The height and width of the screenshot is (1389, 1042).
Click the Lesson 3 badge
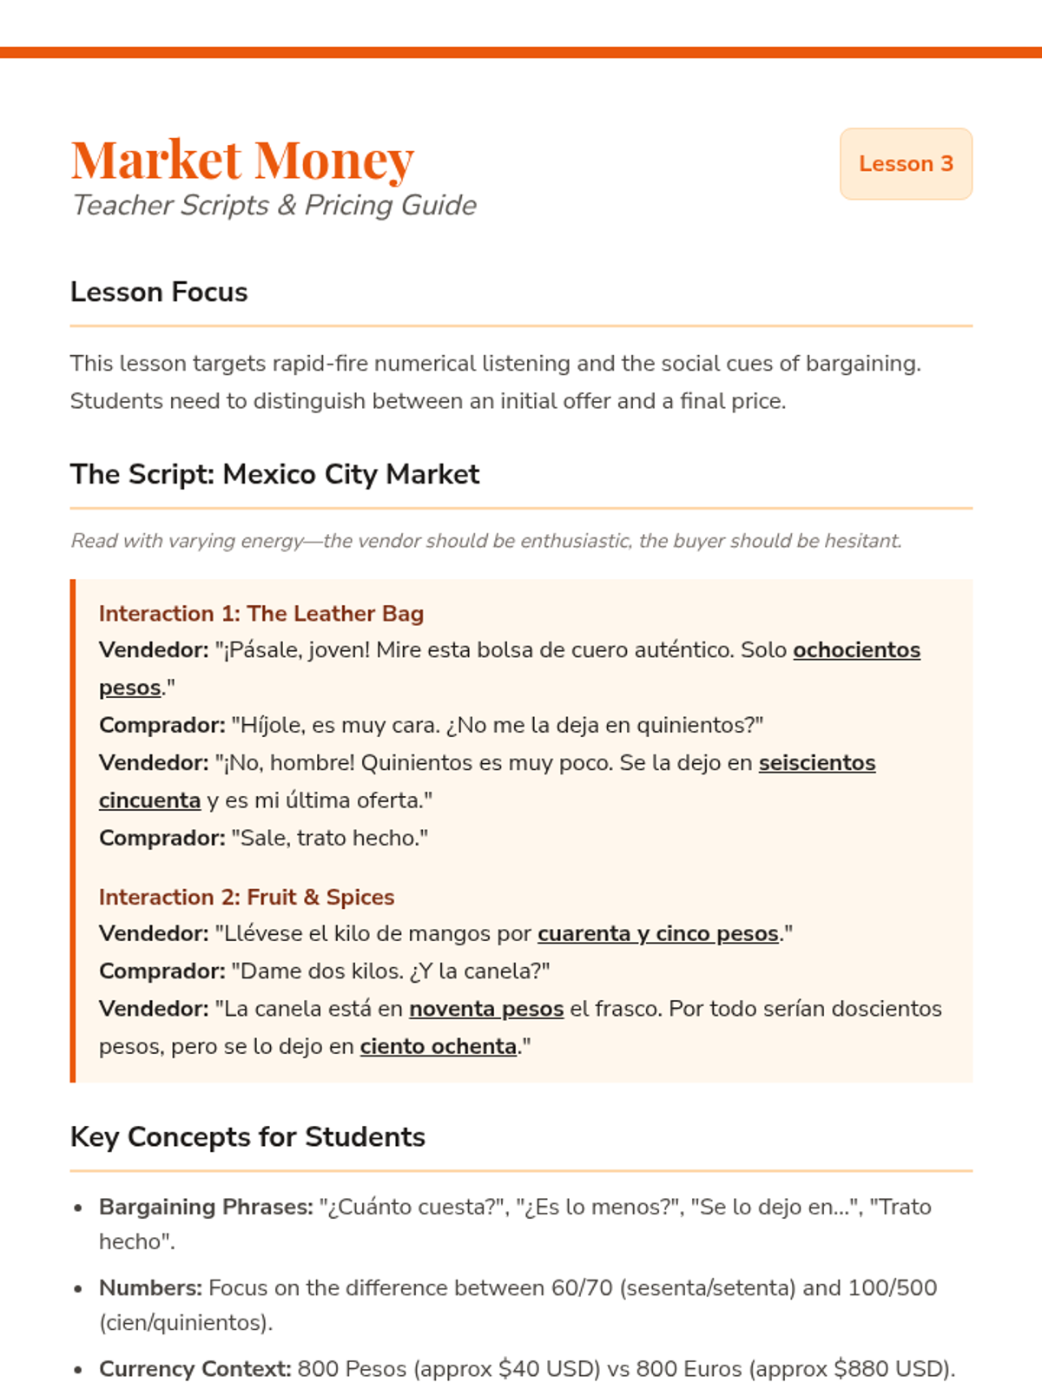point(906,164)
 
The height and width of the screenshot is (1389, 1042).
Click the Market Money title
point(242,160)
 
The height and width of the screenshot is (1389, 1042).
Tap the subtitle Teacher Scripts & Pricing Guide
point(274,206)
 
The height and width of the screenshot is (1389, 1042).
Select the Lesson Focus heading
point(159,293)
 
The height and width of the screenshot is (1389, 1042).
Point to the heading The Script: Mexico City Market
point(274,475)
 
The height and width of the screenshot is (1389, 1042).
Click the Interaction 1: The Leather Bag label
point(260,614)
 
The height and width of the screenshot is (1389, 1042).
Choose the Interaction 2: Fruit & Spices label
point(246,897)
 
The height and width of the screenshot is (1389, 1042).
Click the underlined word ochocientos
point(856,650)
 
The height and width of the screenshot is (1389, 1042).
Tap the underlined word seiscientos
point(816,763)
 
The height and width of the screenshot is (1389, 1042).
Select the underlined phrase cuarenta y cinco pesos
point(657,934)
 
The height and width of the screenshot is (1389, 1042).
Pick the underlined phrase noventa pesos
point(486,1009)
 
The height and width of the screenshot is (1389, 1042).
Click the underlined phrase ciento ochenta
point(438,1047)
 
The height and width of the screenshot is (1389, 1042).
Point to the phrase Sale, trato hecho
point(329,839)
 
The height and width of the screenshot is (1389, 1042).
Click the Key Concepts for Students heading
point(247,1137)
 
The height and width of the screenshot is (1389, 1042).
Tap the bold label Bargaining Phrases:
point(206,1208)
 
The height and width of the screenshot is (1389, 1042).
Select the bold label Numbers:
point(150,1288)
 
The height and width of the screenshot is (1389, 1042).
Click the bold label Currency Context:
point(195,1369)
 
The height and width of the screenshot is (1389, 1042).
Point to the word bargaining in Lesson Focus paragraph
point(860,364)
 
